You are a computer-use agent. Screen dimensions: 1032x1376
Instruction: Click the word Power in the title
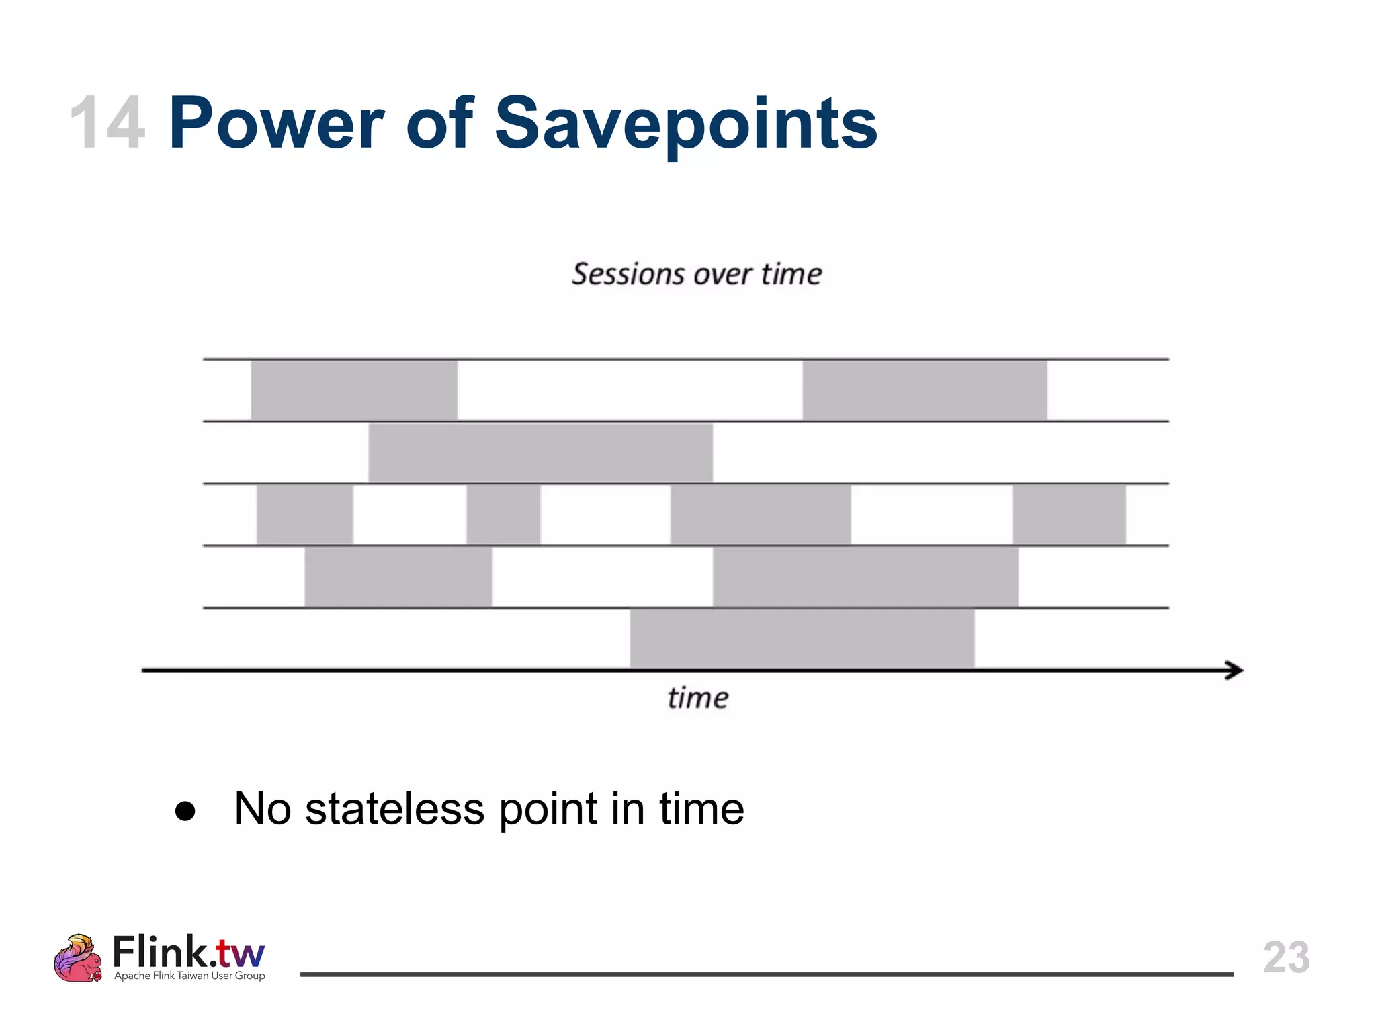(276, 124)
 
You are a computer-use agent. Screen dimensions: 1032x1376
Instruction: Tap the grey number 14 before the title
(107, 124)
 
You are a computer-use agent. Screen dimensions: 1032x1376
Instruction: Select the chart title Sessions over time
(697, 274)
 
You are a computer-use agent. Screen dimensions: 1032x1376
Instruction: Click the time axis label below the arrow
(697, 698)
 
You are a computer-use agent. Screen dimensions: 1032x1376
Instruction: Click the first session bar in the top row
(354, 390)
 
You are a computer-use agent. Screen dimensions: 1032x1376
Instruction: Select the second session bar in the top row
(924, 390)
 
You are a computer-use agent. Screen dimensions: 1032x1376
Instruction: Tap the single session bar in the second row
(540, 452)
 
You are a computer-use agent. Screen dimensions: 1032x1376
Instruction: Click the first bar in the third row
(304, 514)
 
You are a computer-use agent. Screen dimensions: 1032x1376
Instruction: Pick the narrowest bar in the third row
(503, 514)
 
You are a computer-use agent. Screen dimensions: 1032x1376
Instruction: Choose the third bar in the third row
(761, 514)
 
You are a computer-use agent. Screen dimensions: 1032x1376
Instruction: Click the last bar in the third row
(1069, 514)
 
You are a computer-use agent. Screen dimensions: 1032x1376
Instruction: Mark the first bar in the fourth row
(398, 576)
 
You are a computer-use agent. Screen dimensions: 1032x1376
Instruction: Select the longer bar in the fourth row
(865, 576)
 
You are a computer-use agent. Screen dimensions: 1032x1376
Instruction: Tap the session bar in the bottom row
(802, 638)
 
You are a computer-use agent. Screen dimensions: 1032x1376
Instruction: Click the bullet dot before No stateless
(185, 811)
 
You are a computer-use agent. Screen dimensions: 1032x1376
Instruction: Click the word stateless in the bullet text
(394, 808)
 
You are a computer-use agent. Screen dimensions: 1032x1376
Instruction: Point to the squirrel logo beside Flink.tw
(77, 958)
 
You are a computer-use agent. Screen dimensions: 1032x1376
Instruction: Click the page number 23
(1286, 957)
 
